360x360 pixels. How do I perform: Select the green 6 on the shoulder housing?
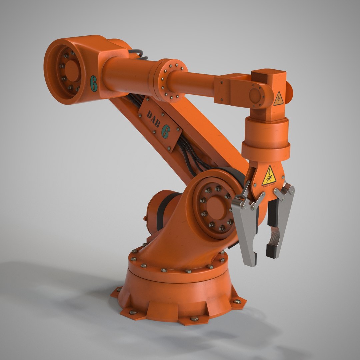94,83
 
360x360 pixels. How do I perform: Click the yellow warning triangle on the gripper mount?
269,176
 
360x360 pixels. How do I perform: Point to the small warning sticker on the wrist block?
278,99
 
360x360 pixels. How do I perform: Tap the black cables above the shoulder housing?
137,54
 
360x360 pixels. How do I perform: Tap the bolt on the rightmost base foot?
237,302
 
